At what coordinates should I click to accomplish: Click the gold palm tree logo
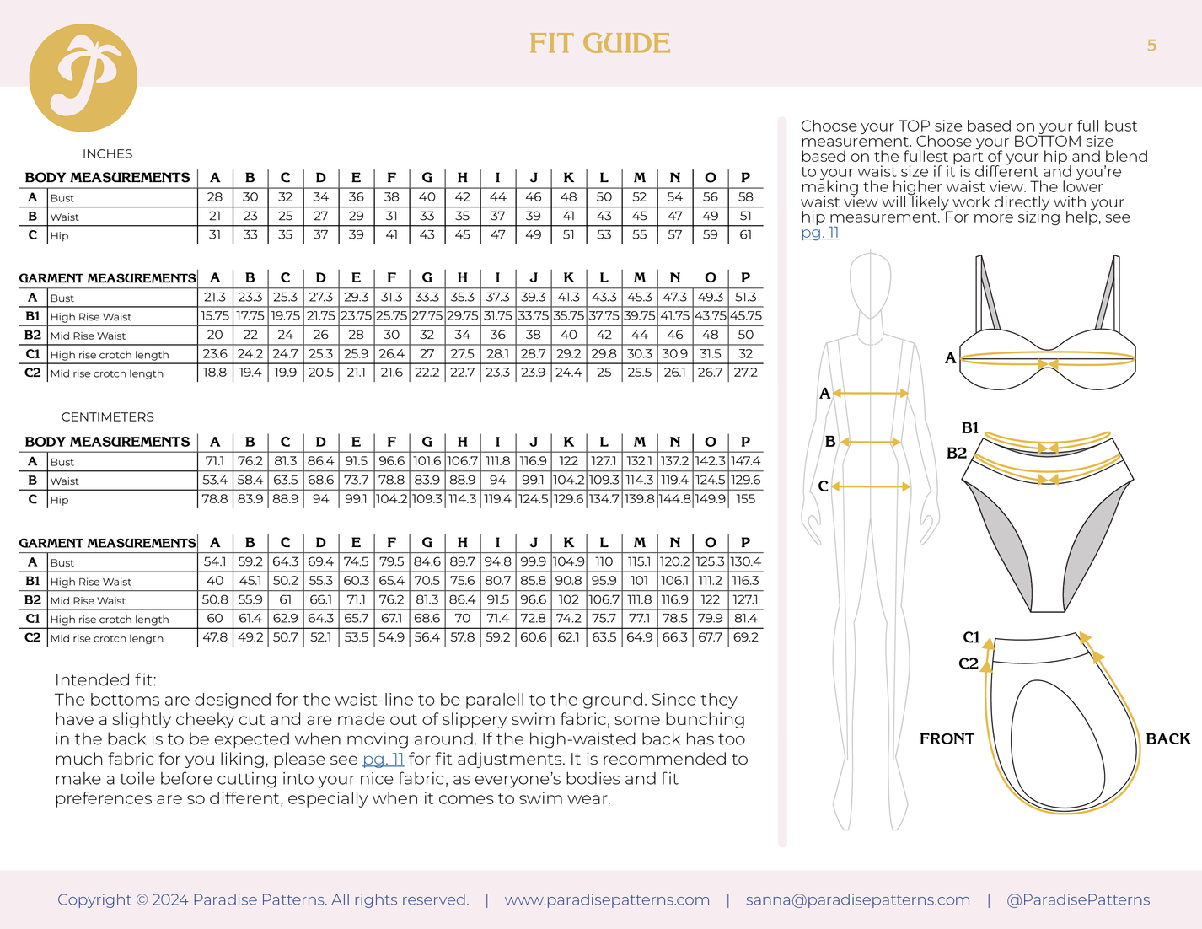click(83, 78)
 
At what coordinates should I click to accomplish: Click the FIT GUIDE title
click(599, 44)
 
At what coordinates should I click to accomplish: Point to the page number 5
click(1151, 46)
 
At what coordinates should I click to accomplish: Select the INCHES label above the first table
click(107, 153)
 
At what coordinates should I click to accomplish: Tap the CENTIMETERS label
click(107, 416)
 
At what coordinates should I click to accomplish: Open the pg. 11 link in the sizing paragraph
click(819, 233)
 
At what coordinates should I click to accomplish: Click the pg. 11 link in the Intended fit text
click(383, 759)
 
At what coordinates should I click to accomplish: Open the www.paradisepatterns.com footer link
click(607, 899)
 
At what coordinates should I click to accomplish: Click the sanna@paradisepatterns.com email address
click(857, 899)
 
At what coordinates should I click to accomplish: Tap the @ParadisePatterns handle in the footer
click(1078, 899)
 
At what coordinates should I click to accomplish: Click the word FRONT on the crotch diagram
click(947, 738)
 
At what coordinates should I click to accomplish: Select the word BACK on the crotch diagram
click(1167, 738)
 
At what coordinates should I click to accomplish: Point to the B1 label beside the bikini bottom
click(970, 428)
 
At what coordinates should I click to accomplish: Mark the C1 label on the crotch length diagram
click(971, 637)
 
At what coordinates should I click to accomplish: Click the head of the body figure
click(870, 285)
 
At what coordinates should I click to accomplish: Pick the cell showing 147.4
click(745, 461)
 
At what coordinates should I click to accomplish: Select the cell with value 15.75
click(215, 316)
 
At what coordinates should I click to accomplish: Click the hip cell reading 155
click(745, 499)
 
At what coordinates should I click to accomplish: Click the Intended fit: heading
click(105, 680)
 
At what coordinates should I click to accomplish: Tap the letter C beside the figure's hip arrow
click(823, 486)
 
